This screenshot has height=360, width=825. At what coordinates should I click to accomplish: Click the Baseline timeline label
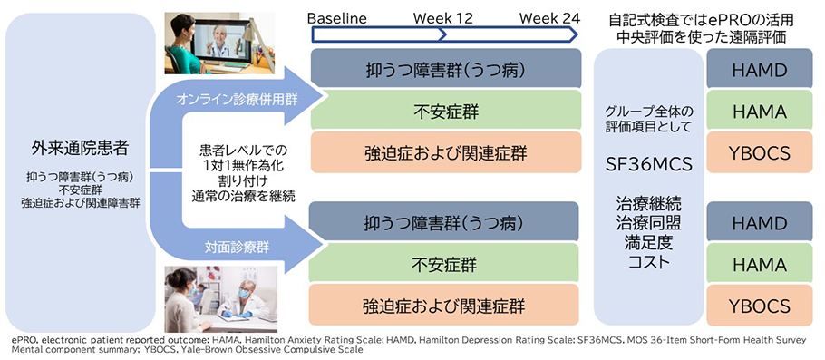[337, 18]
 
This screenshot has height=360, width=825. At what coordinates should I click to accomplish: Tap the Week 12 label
[443, 18]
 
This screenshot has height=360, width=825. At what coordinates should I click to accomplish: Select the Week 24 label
[549, 18]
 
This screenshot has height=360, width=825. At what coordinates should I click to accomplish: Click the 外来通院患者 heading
[80, 149]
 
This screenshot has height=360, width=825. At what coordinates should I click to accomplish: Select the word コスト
[649, 261]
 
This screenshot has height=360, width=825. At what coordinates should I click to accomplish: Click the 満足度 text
[649, 242]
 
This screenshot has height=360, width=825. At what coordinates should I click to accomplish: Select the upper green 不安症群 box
[446, 110]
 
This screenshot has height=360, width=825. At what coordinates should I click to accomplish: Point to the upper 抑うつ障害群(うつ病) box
[446, 68]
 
